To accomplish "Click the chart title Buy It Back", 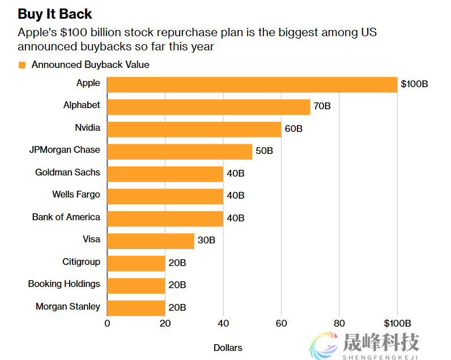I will (x=55, y=14).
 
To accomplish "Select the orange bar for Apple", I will (x=252, y=84).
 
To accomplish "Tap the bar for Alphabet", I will (x=209, y=106).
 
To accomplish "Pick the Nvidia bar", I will (x=194, y=129).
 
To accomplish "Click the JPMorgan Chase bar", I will (x=180, y=151).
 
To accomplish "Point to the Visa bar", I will (x=151, y=241).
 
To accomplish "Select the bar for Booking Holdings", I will (x=136, y=285).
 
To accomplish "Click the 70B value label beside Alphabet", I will (x=322, y=106).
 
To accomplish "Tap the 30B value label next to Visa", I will (x=206, y=241).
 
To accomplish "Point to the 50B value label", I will (x=264, y=151).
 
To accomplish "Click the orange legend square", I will (x=23, y=65).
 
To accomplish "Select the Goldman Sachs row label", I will (x=67, y=172).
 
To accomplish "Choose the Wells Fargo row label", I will (x=76, y=194).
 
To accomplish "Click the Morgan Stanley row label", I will (x=68, y=306).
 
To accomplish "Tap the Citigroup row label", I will (x=81, y=262).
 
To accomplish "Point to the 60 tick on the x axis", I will (x=281, y=324).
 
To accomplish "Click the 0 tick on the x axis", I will (x=107, y=324).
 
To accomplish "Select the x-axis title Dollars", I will (x=228, y=348).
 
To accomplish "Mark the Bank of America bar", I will (x=165, y=218).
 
